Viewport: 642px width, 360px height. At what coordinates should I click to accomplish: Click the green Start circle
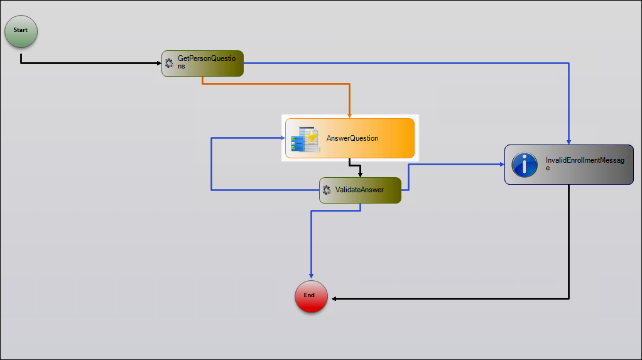coord(21,31)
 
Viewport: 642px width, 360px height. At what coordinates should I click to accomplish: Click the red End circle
coord(311,295)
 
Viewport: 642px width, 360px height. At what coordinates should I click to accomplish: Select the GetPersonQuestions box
coord(202,63)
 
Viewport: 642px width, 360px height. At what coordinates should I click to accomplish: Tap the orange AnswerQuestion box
coord(350,138)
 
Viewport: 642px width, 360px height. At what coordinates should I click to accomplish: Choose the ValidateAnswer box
coord(360,190)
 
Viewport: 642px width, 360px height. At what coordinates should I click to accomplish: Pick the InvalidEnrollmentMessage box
coord(569,165)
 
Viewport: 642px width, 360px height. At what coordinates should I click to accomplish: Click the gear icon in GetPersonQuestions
coord(168,63)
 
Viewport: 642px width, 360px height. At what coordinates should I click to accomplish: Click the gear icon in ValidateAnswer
coord(326,190)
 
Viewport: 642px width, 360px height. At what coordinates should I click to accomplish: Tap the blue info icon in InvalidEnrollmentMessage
coord(524,165)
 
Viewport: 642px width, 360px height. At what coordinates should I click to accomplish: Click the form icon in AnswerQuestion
coord(303,138)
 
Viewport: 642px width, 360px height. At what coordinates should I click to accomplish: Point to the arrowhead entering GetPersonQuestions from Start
coord(158,63)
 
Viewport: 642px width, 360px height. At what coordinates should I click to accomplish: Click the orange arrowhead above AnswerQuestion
coord(349,115)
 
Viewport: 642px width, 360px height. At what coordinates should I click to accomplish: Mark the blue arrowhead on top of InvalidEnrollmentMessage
coord(569,141)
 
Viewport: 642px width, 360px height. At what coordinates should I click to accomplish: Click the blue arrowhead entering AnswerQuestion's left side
coord(282,138)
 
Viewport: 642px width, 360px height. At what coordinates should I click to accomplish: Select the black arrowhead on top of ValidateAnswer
coord(360,174)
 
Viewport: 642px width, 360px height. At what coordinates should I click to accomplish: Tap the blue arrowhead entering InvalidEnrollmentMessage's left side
coord(501,165)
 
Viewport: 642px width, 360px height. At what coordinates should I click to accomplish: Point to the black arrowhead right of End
coord(334,298)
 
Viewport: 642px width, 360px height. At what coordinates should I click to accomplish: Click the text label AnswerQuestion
coord(352,138)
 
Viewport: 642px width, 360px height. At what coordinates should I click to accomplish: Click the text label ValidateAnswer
coord(359,190)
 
